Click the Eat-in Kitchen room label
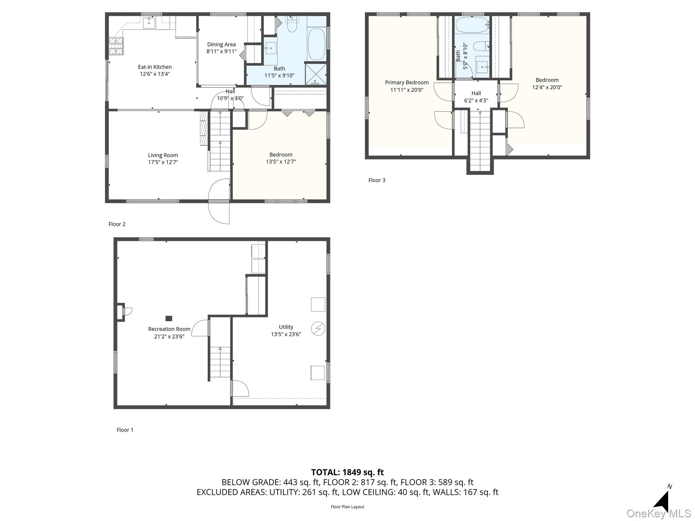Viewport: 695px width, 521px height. tap(155, 67)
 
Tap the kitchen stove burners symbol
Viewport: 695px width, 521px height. tap(116, 46)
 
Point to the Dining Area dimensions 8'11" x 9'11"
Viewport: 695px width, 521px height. tap(221, 52)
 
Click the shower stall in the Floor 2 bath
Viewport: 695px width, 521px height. tap(316, 74)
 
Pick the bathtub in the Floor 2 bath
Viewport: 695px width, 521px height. tap(316, 44)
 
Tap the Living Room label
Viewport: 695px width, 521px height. tap(163, 155)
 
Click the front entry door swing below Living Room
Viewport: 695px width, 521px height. tap(219, 212)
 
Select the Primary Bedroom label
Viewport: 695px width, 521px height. tap(407, 82)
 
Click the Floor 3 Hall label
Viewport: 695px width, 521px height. tap(476, 93)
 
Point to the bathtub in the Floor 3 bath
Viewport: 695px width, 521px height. tap(472, 25)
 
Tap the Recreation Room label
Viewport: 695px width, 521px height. tap(169, 329)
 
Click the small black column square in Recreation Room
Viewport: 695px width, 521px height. tap(169, 318)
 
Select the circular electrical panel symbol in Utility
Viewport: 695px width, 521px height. tap(318, 328)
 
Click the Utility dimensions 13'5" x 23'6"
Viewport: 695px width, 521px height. tap(286, 334)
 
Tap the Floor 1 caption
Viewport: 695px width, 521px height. tap(125, 430)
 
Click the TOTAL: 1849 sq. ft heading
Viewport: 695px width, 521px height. tap(347, 472)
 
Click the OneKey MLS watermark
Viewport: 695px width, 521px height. tap(658, 514)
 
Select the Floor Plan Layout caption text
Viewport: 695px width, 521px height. tap(347, 507)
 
